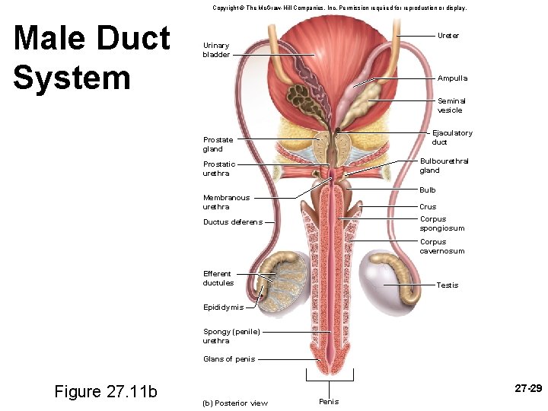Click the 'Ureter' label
coord(448,36)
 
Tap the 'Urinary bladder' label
coord(216,50)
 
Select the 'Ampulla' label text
coord(452,78)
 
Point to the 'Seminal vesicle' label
coord(451,105)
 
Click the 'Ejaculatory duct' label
coord(452,138)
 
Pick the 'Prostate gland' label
coord(218,145)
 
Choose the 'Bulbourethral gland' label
coord(444,165)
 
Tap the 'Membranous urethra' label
coord(226,202)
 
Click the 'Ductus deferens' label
coord(232,222)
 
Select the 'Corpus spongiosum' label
coord(441,224)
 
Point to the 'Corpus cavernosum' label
coord(441,247)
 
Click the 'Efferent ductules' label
coord(218,279)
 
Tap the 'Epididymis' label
coord(223,307)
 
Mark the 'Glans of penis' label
coord(229,359)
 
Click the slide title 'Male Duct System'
coord(91,58)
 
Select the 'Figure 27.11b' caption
coord(106,391)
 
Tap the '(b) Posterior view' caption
coord(235,403)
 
